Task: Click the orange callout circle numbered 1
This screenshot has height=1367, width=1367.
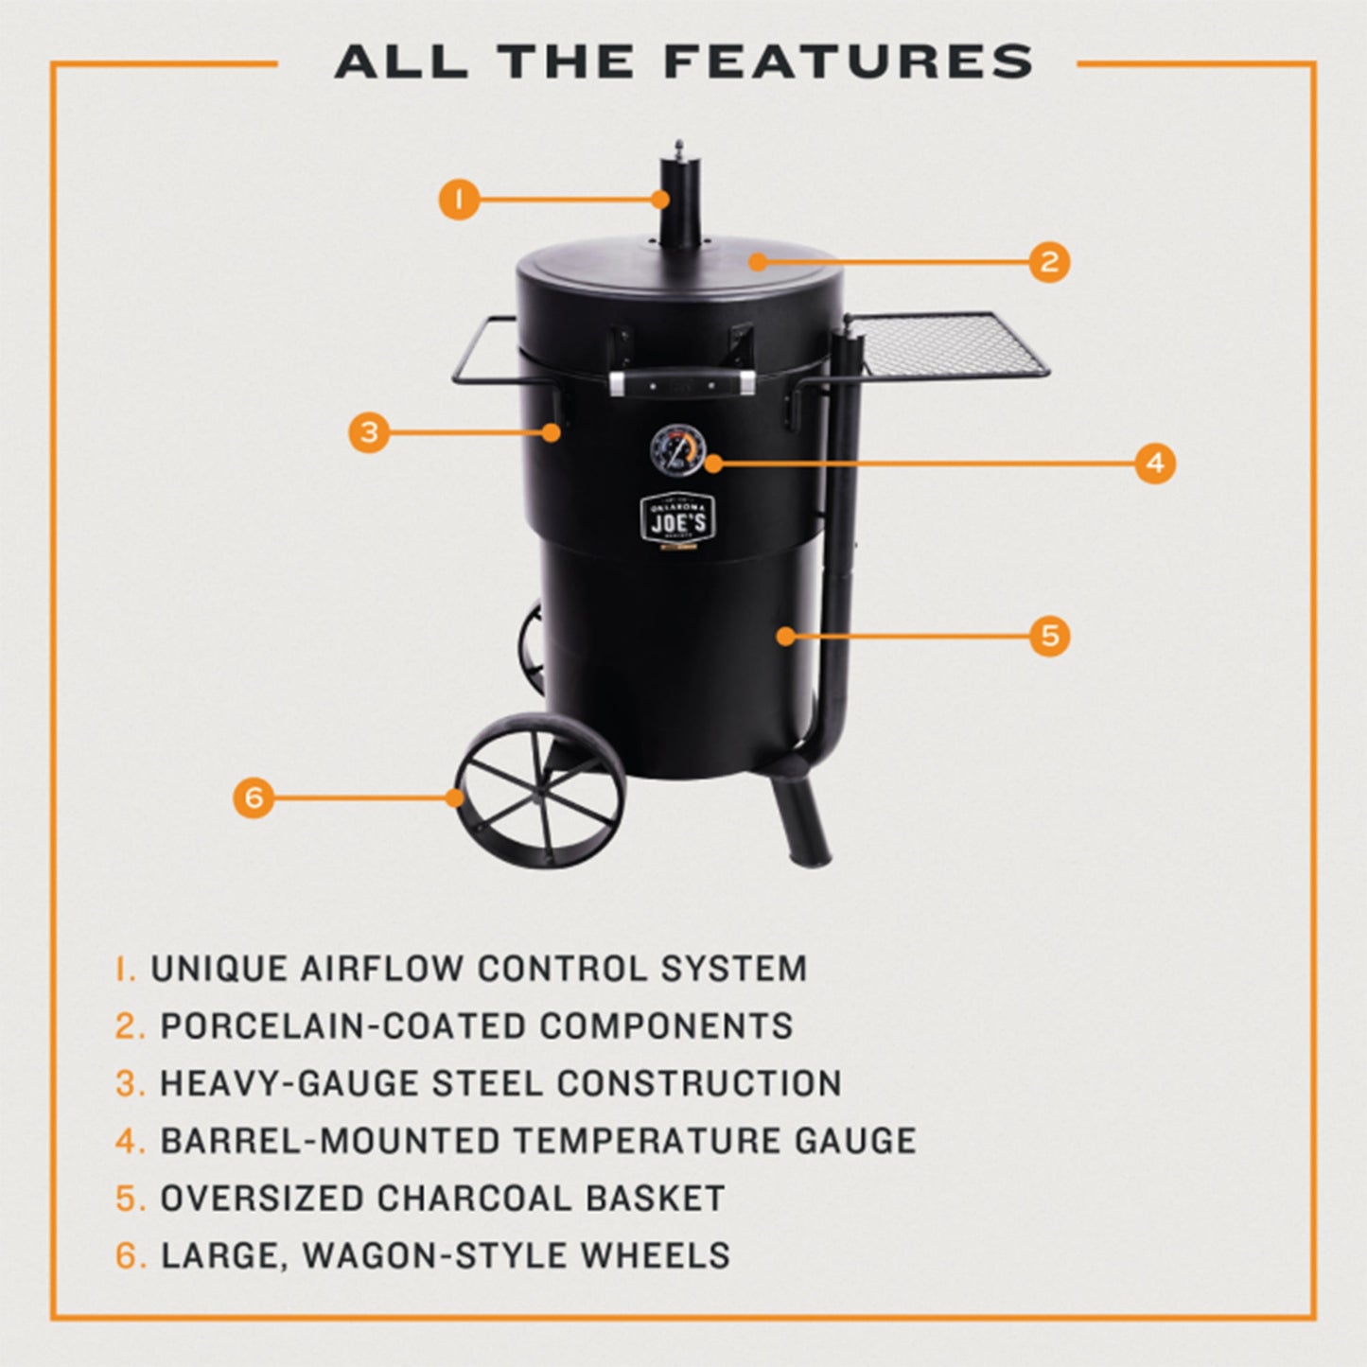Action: click(x=459, y=200)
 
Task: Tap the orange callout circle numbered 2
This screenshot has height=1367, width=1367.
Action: click(x=1049, y=261)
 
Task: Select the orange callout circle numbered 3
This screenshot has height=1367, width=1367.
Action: click(x=369, y=432)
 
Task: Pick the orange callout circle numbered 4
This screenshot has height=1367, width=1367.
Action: click(x=1154, y=464)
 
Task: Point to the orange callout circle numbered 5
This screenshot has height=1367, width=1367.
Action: click(x=1049, y=636)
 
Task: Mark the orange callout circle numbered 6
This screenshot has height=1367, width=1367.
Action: click(x=254, y=797)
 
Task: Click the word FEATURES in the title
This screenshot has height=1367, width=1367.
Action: click(x=848, y=62)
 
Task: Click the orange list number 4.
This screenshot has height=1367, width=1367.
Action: click(x=130, y=1141)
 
